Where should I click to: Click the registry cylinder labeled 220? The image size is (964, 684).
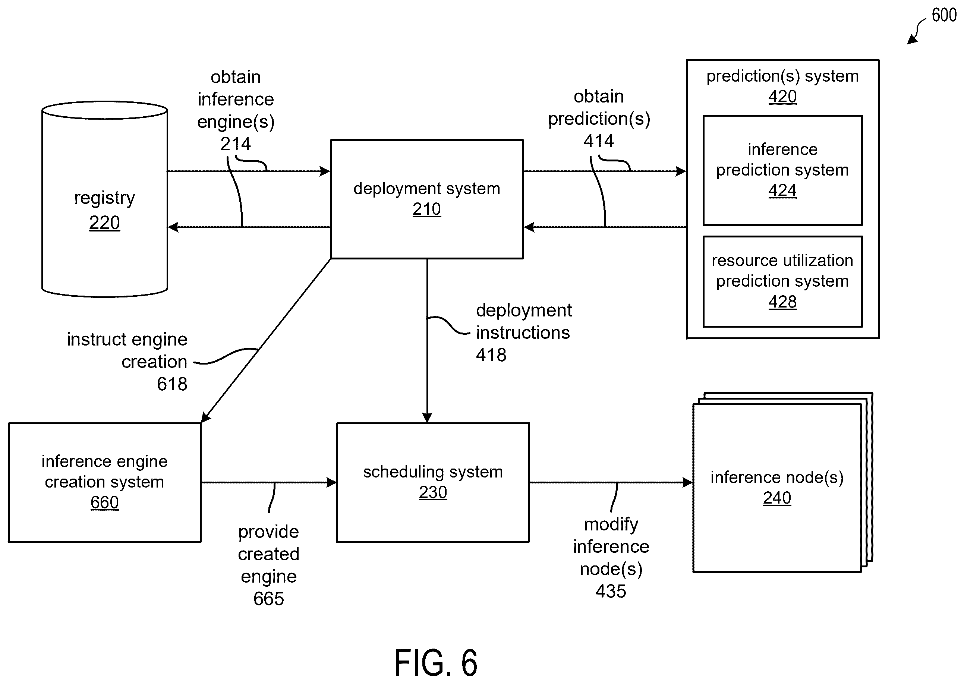coord(104,199)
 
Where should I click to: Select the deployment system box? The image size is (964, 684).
coord(426,199)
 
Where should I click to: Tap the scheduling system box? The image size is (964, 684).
coord(433,482)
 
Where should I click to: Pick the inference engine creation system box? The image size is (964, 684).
coord(104,482)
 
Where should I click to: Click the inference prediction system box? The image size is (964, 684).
coord(782,170)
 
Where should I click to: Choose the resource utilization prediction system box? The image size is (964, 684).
coord(782,281)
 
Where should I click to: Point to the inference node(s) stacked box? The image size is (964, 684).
coord(782,482)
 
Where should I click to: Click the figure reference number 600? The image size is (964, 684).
coord(944,15)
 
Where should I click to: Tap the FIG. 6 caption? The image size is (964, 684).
coord(435,662)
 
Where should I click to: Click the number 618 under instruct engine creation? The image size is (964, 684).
coord(172,384)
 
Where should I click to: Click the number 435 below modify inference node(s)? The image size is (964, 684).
coord(611,591)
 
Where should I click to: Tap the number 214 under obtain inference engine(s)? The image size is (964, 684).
coord(236,144)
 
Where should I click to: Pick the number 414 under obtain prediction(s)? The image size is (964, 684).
coord(598,141)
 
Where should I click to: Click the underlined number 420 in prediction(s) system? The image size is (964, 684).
coord(782,97)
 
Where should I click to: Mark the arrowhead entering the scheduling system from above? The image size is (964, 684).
coord(427,417)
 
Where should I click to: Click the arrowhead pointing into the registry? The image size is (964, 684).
coord(173,227)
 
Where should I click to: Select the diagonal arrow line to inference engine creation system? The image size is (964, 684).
coord(266,340)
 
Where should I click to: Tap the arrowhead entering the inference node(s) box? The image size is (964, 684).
coord(687,482)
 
